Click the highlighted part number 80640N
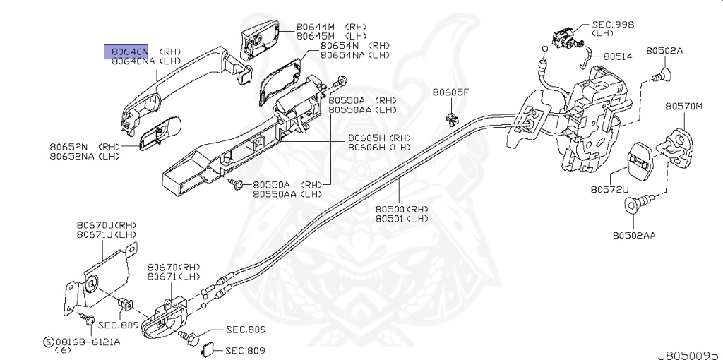click(127, 52)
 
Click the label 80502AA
click(633, 235)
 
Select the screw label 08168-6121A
click(88, 342)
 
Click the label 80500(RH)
click(401, 210)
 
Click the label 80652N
click(72, 147)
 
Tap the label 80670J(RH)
click(105, 225)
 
